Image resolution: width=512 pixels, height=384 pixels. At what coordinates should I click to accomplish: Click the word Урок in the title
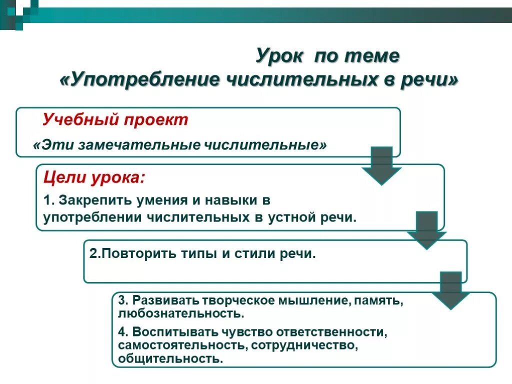point(279,56)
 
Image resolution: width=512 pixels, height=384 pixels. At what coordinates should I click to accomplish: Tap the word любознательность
point(181,314)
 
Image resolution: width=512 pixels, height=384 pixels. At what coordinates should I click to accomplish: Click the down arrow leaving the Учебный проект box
point(381,165)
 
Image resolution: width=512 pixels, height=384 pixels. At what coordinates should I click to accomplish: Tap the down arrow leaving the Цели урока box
point(426,229)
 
